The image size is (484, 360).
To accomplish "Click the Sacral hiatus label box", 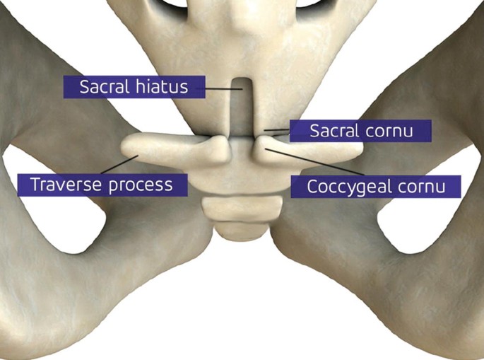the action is (134, 87).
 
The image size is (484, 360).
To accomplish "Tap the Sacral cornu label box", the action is (360, 131).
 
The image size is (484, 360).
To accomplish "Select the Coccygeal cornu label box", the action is (375, 187).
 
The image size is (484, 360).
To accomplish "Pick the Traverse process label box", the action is (102, 185).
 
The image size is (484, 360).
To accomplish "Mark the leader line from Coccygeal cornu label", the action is (318, 161).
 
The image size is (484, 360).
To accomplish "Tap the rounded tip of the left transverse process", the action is (130, 147).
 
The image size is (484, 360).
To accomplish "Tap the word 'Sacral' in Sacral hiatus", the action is (103, 87).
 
